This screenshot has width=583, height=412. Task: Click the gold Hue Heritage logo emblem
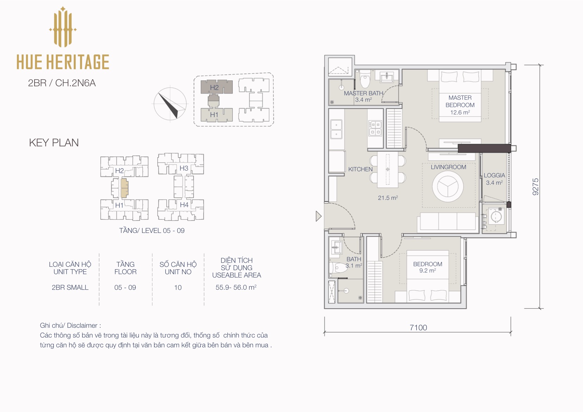point(63,27)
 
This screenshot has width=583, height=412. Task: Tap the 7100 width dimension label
point(418,327)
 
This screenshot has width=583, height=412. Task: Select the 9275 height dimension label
point(535,186)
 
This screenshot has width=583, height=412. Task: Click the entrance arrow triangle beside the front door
point(319,216)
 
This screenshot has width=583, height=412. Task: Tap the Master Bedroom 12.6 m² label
point(460,105)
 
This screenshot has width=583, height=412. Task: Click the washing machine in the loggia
point(496,216)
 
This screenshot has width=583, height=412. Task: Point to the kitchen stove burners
point(375,128)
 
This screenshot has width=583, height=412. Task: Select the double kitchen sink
point(336,129)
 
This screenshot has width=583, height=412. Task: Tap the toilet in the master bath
point(365,79)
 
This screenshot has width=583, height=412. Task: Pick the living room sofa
point(448,222)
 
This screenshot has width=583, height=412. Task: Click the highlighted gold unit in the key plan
point(124,188)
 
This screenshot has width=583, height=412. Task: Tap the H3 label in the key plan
point(184,168)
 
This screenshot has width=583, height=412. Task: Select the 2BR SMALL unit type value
point(70,287)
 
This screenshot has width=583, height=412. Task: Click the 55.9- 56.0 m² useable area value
point(236,287)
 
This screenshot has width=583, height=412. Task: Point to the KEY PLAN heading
point(54,143)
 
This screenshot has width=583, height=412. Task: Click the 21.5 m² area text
point(388,198)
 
